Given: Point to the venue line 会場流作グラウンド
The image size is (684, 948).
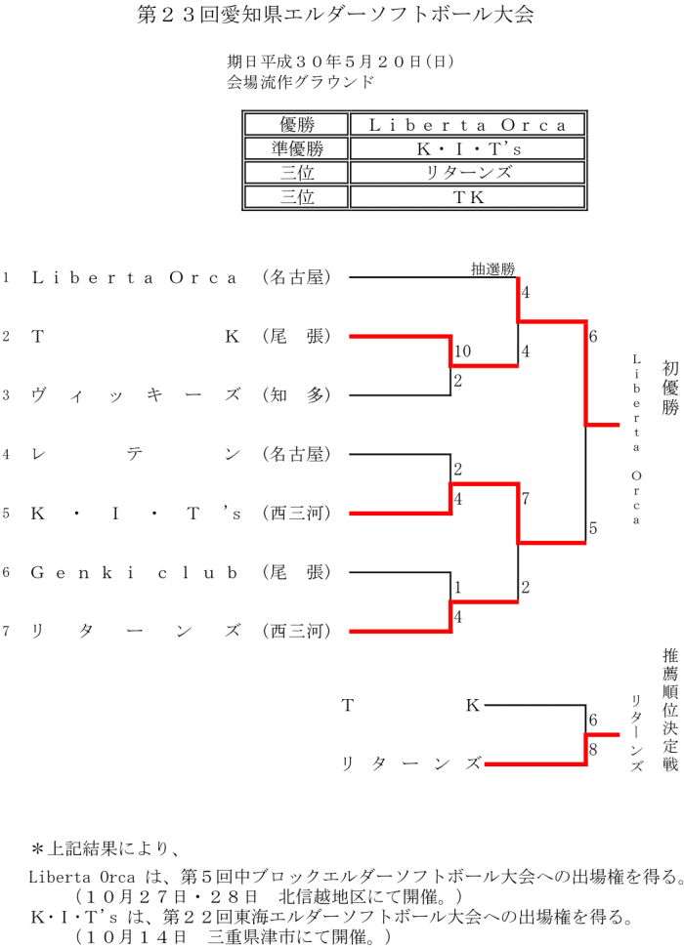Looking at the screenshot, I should [300, 82].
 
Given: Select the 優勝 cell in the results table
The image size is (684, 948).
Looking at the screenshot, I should [295, 125].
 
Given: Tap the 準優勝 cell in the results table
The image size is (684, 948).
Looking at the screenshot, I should [295, 148].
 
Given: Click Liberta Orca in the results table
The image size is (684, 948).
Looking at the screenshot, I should [467, 125].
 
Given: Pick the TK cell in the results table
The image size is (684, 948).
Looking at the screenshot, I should [467, 196].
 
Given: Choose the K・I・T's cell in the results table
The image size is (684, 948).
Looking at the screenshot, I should [467, 148].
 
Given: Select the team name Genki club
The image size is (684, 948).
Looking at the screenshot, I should [135, 572].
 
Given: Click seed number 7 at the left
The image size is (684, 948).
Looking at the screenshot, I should [6, 631].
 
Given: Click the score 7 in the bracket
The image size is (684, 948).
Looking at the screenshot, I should [526, 499].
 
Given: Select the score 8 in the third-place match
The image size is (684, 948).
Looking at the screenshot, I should [592, 750].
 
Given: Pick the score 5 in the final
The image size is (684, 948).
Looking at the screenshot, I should [593, 529].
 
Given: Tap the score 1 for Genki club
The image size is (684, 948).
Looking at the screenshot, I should [457, 588].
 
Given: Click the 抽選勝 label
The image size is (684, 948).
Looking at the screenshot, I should [492, 268].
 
